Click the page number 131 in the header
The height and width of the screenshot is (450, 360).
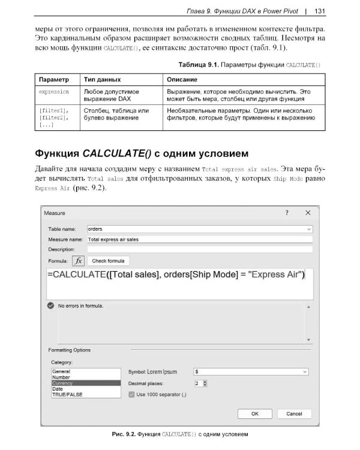[319, 10]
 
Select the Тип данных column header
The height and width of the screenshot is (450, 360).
[102, 79]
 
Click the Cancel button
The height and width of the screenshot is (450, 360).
[294, 414]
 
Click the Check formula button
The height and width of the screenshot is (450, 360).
[109, 261]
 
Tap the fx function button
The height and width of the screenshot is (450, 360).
[79, 261]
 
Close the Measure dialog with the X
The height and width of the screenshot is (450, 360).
[308, 213]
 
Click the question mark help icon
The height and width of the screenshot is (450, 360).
[287, 213]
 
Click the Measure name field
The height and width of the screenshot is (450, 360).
[200, 239]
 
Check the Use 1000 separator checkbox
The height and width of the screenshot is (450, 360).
[132, 394]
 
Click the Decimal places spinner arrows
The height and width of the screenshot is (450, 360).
[205, 383]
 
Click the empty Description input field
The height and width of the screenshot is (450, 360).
[200, 248]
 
